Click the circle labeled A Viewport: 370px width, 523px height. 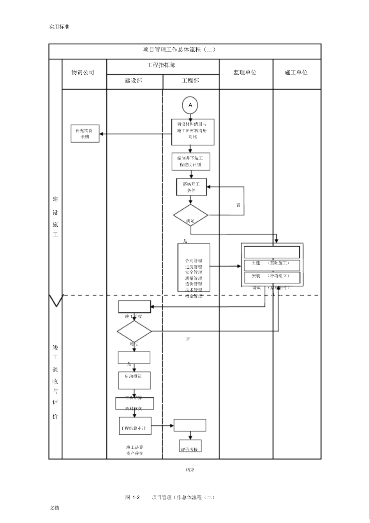coord(190,105)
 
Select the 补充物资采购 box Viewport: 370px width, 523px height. coord(85,134)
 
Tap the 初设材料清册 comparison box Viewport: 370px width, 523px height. coord(193,132)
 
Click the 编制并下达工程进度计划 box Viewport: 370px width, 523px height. coord(191,161)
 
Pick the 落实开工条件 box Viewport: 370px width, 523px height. coord(191,187)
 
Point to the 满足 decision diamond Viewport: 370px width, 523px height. coord(190,215)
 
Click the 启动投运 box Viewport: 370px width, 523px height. coord(134,380)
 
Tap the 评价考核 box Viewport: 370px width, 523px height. coord(190,446)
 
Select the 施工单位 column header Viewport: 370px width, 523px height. coord(297,73)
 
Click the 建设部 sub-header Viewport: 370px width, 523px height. coord(134,81)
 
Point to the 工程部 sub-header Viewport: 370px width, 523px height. coord(190,81)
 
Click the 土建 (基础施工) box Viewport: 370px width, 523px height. coord(272,265)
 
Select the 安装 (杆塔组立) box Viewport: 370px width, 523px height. coord(272,277)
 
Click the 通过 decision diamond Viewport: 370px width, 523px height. coord(134,331)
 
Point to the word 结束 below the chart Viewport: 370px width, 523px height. coord(190,470)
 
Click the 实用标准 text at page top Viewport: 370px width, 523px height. coord(59,27)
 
